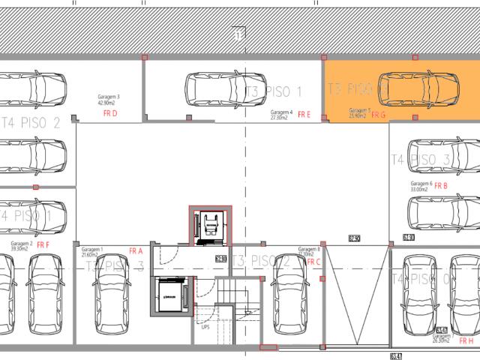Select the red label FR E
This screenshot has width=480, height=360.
(x=304, y=115)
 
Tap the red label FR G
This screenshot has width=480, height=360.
(x=378, y=115)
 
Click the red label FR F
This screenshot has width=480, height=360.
(x=43, y=244)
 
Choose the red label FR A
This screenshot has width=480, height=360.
(x=136, y=251)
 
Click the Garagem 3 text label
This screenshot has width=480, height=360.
(x=109, y=97)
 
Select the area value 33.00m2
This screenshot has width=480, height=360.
(x=418, y=190)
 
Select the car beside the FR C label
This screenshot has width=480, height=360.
(x=288, y=298)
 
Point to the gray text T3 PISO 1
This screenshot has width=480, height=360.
(x=274, y=93)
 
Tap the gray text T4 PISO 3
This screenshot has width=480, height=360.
(x=420, y=160)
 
